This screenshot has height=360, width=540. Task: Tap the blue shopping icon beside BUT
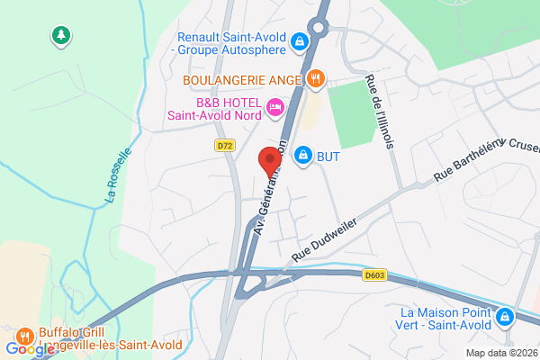(x=304, y=156)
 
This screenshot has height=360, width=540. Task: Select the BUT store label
(x=328, y=157)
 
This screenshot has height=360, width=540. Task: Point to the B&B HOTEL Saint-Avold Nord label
(x=215, y=108)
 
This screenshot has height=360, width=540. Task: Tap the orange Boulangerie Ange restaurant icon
(x=314, y=78)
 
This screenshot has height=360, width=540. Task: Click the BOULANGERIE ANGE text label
(x=241, y=79)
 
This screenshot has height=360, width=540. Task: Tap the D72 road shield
(x=224, y=145)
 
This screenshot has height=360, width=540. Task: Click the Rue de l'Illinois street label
(x=383, y=118)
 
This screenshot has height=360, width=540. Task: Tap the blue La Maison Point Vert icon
(x=506, y=317)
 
